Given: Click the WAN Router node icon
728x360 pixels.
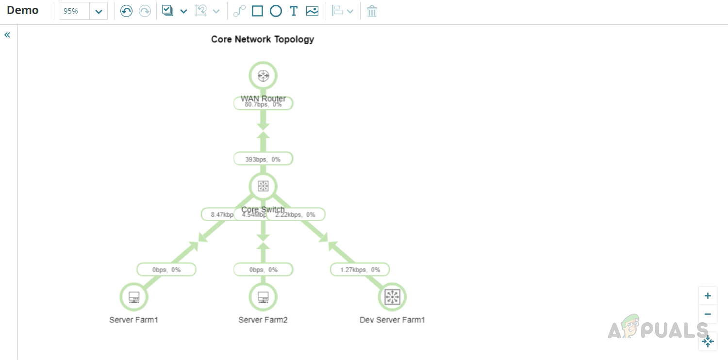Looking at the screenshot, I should [263, 76].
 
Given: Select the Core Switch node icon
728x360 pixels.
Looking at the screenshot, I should [263, 186].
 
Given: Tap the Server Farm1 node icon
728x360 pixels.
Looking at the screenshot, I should [134, 297].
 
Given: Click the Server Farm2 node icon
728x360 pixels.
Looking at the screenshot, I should [263, 297].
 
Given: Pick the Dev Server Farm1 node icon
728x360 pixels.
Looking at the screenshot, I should [392, 297].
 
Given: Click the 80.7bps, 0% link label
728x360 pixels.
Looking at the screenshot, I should [263, 104].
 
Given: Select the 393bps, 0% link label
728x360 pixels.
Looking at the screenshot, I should [263, 159].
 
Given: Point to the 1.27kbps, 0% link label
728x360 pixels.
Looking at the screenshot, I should [360, 269].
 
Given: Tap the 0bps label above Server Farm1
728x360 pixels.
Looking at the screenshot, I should [166, 269].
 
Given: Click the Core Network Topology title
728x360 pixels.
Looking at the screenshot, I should [263, 39].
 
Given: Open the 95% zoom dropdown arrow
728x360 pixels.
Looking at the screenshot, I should [99, 11].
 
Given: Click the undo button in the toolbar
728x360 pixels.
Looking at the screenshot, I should [126, 11].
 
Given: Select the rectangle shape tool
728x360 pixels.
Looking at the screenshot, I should [257, 11].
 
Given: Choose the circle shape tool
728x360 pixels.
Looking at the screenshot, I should [276, 11].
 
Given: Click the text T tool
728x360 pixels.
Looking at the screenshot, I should [293, 11].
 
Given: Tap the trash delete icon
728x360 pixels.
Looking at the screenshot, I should [372, 11].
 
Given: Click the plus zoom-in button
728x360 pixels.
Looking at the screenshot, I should [708, 295].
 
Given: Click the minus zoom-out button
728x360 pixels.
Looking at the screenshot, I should [708, 314].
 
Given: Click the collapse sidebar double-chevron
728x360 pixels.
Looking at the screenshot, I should [7, 35].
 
